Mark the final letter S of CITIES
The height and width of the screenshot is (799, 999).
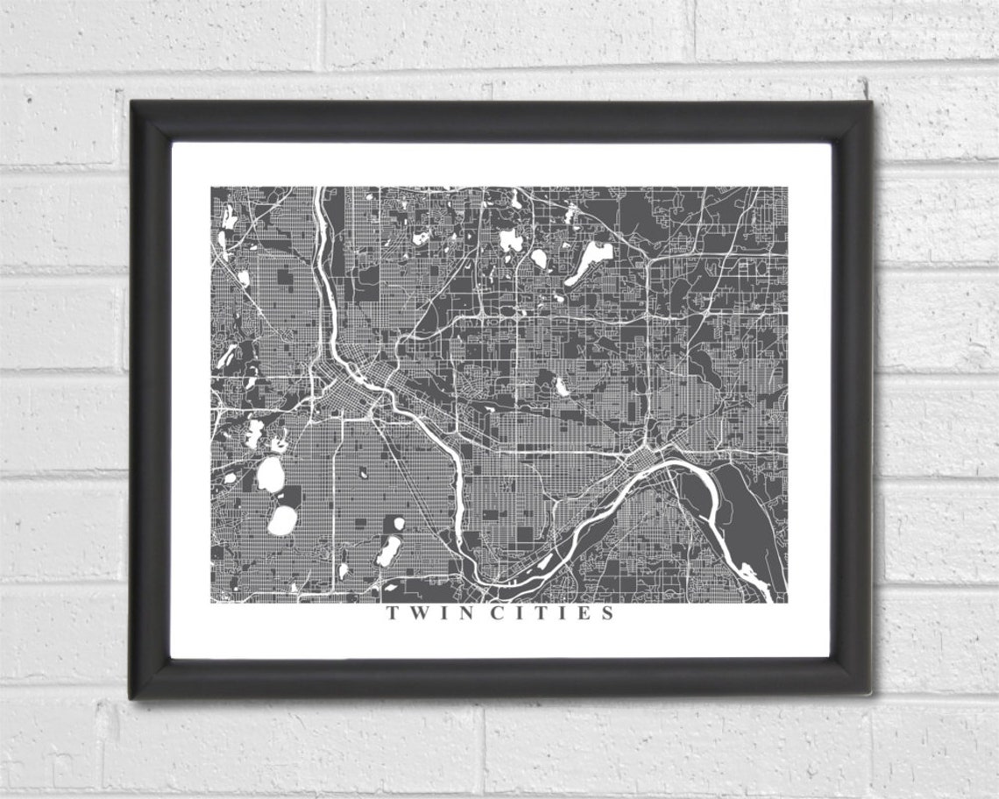tap(607, 613)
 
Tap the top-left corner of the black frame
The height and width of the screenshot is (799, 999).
tap(131, 103)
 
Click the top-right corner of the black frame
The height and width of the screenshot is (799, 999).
tap(870, 103)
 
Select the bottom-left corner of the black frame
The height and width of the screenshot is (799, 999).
tap(131, 697)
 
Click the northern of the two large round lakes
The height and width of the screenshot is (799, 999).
tap(271, 476)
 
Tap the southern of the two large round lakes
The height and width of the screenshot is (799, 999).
tap(282, 520)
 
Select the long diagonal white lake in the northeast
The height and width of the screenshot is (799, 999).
tap(590, 263)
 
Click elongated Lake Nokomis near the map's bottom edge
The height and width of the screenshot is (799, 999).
tap(388, 550)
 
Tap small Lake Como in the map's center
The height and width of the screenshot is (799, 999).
tap(561, 385)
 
